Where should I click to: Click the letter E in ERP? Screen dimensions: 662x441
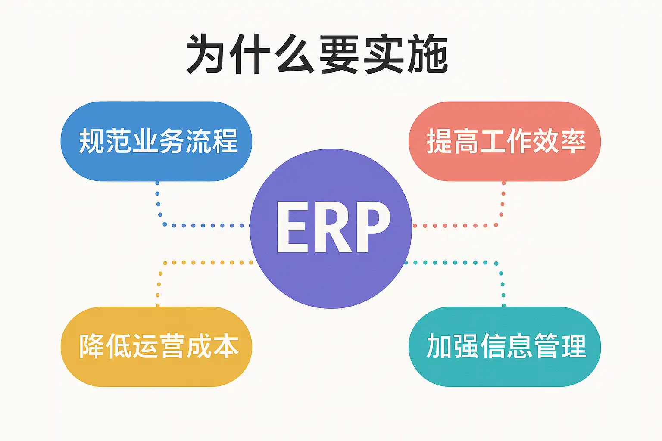pos(292,227)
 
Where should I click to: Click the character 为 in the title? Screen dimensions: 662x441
pos(207,54)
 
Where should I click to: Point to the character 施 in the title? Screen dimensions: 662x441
pos(428,54)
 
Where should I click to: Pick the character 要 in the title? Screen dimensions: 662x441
pos(339,54)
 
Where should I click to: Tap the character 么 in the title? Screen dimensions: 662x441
pos(295,54)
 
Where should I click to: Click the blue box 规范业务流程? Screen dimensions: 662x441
pos(156,141)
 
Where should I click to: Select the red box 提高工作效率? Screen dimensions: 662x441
pos(505,141)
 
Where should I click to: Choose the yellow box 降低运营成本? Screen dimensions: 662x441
pos(156,347)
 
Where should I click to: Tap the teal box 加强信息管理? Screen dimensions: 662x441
pos(505,347)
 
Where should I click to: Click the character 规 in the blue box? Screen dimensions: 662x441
pos(92,141)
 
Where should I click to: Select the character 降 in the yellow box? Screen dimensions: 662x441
pos(92,346)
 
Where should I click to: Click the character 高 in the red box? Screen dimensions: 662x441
pos(466,141)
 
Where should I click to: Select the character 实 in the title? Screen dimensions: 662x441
pos(383,54)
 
